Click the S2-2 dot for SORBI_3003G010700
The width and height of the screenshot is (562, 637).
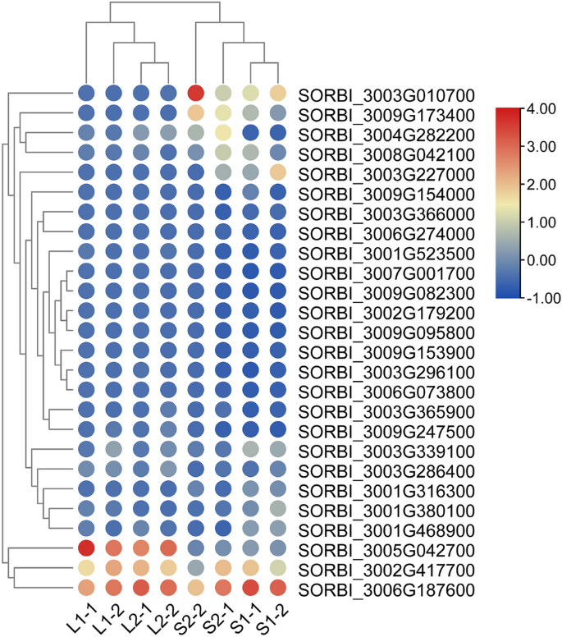click(195, 94)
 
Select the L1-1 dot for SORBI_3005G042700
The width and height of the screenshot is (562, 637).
click(86, 548)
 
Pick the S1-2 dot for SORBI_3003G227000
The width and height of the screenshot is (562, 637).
click(277, 172)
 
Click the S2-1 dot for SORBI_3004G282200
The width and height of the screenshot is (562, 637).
click(222, 132)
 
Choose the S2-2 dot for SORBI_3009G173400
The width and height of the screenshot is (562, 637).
click(195, 112)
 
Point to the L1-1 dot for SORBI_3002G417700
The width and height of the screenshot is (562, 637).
click(86, 567)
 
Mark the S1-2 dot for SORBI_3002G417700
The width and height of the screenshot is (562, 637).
click(277, 567)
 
